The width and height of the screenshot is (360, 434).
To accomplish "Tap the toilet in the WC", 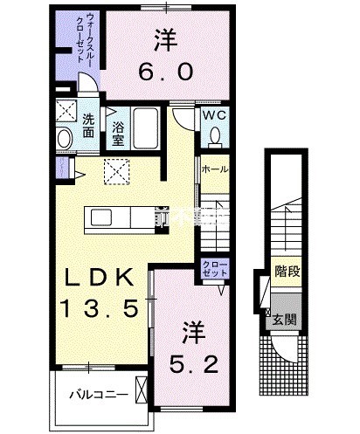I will point(215,136).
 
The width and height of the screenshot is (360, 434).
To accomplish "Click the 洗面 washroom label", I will point(91,126).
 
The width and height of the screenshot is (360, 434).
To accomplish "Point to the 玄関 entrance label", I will point(285,320).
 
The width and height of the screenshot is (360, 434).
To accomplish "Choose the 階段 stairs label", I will point(285,272).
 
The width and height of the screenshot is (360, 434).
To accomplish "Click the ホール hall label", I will point(215,169).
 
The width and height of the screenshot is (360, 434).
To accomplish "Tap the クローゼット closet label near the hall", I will point(213,268).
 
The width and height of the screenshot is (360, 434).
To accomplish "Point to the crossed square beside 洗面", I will point(66,112).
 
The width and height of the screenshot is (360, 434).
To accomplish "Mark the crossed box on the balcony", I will point(142,386).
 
